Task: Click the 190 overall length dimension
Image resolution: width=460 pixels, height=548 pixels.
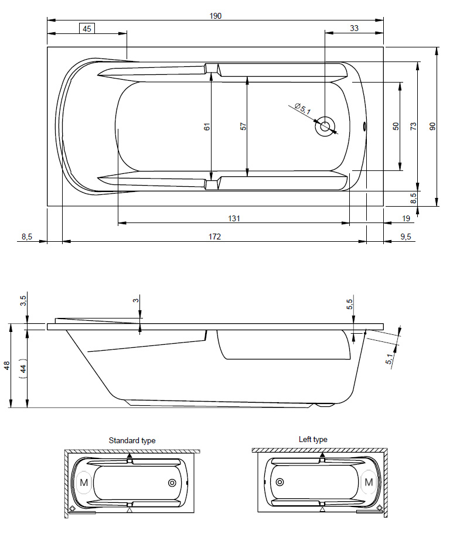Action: [x=216, y=16]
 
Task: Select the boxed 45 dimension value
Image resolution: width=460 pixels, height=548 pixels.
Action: [x=87, y=28]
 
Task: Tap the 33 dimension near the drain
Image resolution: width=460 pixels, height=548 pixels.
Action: [x=354, y=28]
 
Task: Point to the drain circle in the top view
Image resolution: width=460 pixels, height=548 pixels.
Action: [x=324, y=126]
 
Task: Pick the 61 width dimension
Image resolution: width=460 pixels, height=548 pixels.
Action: [x=207, y=126]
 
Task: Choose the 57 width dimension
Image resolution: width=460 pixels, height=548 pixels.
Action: [x=243, y=125]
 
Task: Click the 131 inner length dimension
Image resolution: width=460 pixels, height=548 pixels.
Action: [x=234, y=218]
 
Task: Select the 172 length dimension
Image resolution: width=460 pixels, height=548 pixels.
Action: [x=214, y=237]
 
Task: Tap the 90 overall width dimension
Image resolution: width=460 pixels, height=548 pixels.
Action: [x=433, y=126]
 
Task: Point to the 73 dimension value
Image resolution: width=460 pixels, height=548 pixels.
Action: [x=413, y=126]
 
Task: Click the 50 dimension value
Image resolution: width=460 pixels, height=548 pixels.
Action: [x=396, y=126]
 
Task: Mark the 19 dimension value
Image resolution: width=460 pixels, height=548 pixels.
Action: [x=406, y=218]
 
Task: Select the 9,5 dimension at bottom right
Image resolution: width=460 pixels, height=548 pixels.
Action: [x=405, y=237]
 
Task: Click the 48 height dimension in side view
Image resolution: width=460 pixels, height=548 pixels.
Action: [x=7, y=365]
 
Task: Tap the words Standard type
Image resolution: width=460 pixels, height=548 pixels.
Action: [x=132, y=440]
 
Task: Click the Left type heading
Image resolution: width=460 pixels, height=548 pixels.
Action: [x=313, y=439]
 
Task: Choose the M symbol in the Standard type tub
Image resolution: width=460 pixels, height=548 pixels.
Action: [x=83, y=482]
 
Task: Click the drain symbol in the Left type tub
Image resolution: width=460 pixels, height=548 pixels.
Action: [x=280, y=482]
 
